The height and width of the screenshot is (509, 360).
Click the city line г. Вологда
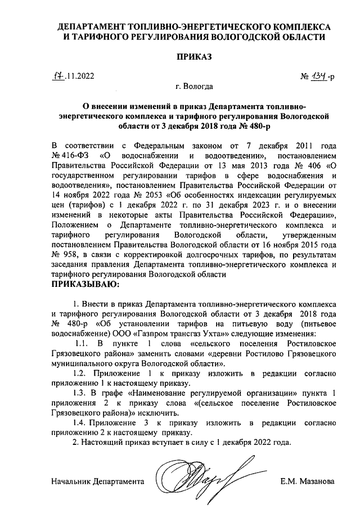click(195, 87)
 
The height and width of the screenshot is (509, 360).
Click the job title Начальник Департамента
click(97, 482)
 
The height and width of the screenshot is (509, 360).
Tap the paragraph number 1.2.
click(83, 373)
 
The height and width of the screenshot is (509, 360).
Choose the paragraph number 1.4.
click(83, 422)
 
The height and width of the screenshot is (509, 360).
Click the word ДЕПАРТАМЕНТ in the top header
click(93, 26)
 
